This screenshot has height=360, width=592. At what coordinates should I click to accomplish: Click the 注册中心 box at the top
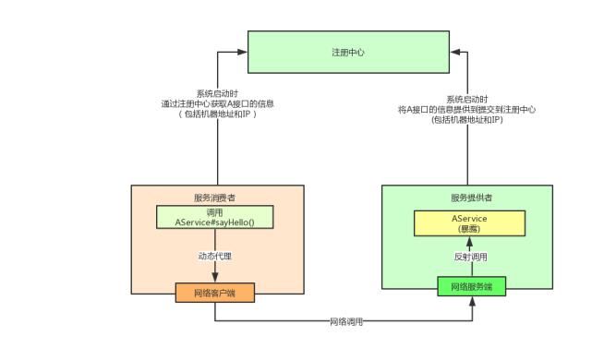347,53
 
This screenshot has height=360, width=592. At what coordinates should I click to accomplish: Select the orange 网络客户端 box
214,293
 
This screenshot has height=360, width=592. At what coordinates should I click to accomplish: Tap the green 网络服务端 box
472,287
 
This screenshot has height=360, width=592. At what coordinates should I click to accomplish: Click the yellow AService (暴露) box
469,223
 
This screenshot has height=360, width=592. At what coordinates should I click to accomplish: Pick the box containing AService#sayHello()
215,218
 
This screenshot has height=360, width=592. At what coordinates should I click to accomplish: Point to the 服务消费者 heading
213,198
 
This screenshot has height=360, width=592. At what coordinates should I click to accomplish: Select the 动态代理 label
213,256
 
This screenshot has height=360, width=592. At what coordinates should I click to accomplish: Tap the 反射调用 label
470,257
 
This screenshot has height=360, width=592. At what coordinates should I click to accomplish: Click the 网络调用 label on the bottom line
346,321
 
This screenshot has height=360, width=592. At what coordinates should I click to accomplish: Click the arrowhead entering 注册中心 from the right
455,53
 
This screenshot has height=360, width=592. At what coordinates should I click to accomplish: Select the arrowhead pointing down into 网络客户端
215,279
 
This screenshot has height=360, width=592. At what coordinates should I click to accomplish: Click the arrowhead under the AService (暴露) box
469,241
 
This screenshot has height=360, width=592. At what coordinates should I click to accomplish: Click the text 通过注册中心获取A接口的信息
218,103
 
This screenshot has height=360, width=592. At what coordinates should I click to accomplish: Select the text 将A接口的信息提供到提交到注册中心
467,109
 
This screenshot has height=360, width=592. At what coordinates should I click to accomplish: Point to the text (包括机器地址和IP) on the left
218,114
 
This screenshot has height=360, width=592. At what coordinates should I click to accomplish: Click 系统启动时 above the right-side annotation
467,98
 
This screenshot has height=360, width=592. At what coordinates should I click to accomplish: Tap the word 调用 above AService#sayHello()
215,211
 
